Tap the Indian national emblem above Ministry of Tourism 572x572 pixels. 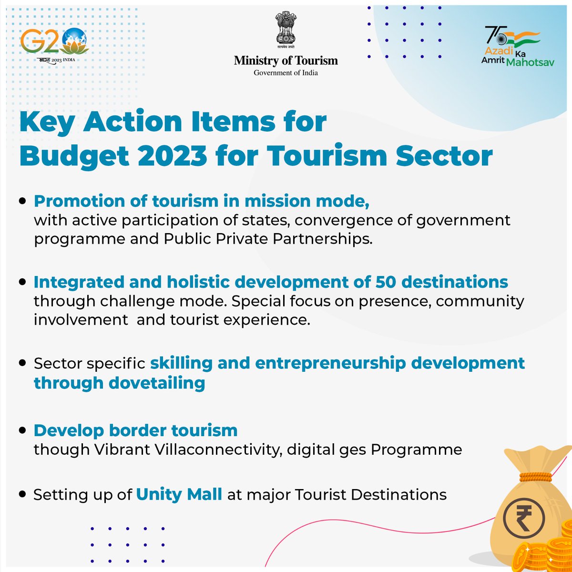286,31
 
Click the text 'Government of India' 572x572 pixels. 286,73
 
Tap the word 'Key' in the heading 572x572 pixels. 47,122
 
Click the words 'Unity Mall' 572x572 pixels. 179,494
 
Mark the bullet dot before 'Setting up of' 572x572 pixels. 22,494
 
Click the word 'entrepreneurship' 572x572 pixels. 330,363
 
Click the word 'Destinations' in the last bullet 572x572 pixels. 398,494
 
